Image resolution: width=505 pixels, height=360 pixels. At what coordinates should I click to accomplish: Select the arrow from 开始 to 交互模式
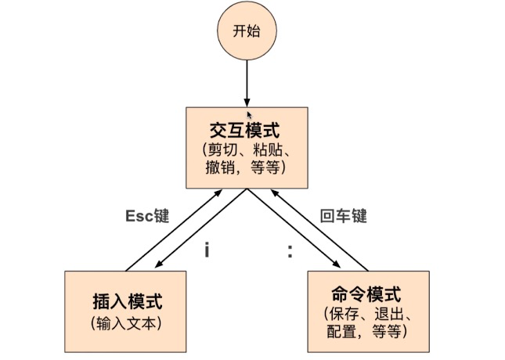247,82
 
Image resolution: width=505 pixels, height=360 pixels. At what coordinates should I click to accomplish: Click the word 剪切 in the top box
225,149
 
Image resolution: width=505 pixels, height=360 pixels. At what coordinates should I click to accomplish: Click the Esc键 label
147,216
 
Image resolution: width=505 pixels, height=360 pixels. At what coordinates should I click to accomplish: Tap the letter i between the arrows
207,251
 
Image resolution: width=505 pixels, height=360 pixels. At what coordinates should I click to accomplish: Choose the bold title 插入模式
126,302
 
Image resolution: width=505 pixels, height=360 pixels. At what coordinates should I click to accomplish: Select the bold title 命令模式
366,295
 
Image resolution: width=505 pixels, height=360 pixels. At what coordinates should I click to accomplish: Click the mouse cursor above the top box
251,115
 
